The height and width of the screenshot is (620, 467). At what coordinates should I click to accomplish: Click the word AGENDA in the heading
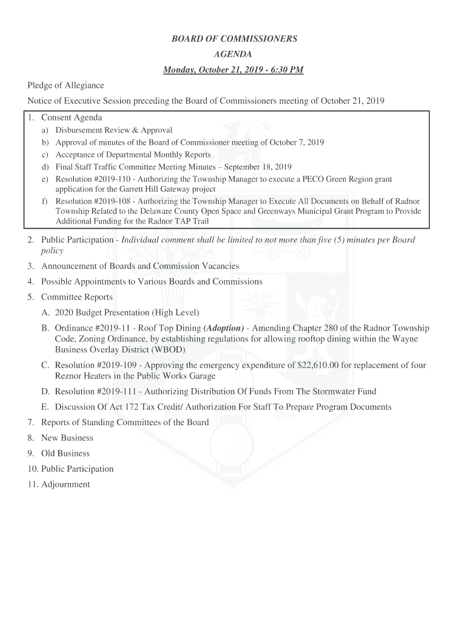(233, 54)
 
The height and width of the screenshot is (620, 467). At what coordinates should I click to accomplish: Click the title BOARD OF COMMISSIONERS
(234, 39)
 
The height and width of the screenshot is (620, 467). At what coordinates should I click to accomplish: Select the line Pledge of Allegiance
(66, 85)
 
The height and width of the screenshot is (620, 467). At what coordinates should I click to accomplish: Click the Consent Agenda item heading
(71, 117)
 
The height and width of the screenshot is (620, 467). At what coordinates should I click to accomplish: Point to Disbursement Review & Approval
(114, 130)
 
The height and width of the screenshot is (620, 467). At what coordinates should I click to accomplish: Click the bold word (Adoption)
(224, 328)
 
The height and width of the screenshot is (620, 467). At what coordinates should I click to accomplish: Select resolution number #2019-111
(117, 392)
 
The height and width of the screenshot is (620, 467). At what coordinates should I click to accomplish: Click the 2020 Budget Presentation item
(127, 312)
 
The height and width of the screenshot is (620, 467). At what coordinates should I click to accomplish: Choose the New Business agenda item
(67, 438)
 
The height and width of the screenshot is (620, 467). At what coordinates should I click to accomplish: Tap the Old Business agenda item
(65, 453)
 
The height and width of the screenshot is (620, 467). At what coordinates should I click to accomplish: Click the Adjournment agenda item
(66, 484)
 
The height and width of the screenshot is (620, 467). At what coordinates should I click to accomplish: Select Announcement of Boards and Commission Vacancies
(139, 266)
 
